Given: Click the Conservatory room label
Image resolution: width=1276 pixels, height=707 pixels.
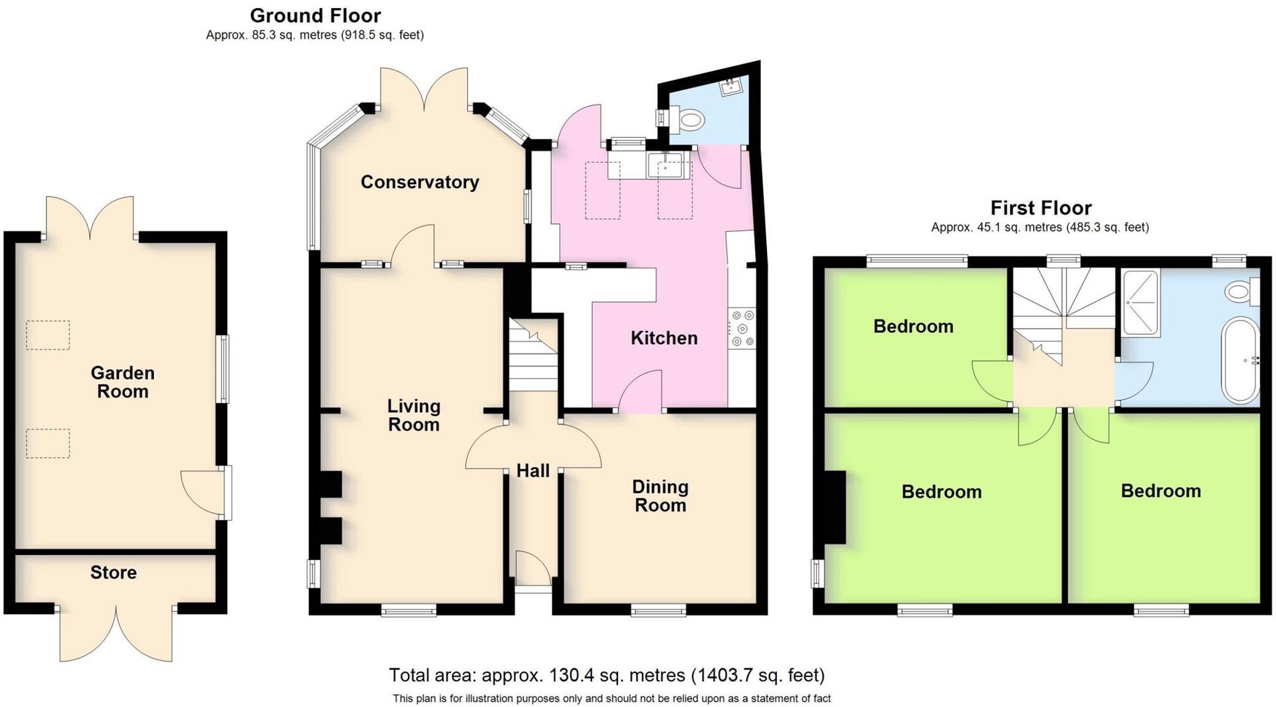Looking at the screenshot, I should point(419,182).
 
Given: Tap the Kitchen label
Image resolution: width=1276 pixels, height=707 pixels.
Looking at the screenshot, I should point(664,338).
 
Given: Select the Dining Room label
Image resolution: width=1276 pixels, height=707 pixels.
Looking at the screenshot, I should point(660,496).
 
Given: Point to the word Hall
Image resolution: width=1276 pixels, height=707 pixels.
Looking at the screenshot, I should point(533,471).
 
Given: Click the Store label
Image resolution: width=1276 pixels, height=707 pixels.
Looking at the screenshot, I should point(114,573).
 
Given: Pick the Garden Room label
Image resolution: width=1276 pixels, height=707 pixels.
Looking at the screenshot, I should point(122,382).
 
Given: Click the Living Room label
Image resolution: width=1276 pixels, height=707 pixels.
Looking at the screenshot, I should point(413,415).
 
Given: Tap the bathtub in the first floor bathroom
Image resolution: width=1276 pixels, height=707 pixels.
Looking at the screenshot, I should point(1240,361).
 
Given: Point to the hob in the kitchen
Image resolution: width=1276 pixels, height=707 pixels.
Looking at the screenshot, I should point(742,328).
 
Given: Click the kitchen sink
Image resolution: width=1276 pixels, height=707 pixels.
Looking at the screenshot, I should point(665,164).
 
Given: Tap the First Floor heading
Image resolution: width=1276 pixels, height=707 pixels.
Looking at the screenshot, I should point(1041,208).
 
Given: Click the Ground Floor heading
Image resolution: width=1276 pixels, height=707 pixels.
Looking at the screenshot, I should point(315,15).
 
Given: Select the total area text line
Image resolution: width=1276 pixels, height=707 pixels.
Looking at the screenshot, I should point(606,676).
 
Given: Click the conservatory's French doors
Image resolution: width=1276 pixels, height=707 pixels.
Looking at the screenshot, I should point(424,90).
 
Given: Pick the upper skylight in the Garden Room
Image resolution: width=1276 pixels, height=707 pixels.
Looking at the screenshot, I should point(48,335).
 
